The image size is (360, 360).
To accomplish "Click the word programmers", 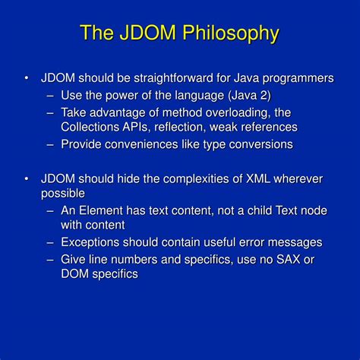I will (x=298, y=79).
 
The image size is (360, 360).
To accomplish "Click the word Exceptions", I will (x=94, y=242).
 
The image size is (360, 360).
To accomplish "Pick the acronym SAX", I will (x=279, y=259).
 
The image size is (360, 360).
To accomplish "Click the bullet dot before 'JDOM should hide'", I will (x=27, y=179).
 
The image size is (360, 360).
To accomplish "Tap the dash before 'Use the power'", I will (x=49, y=95).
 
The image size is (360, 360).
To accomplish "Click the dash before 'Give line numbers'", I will (x=49, y=259).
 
